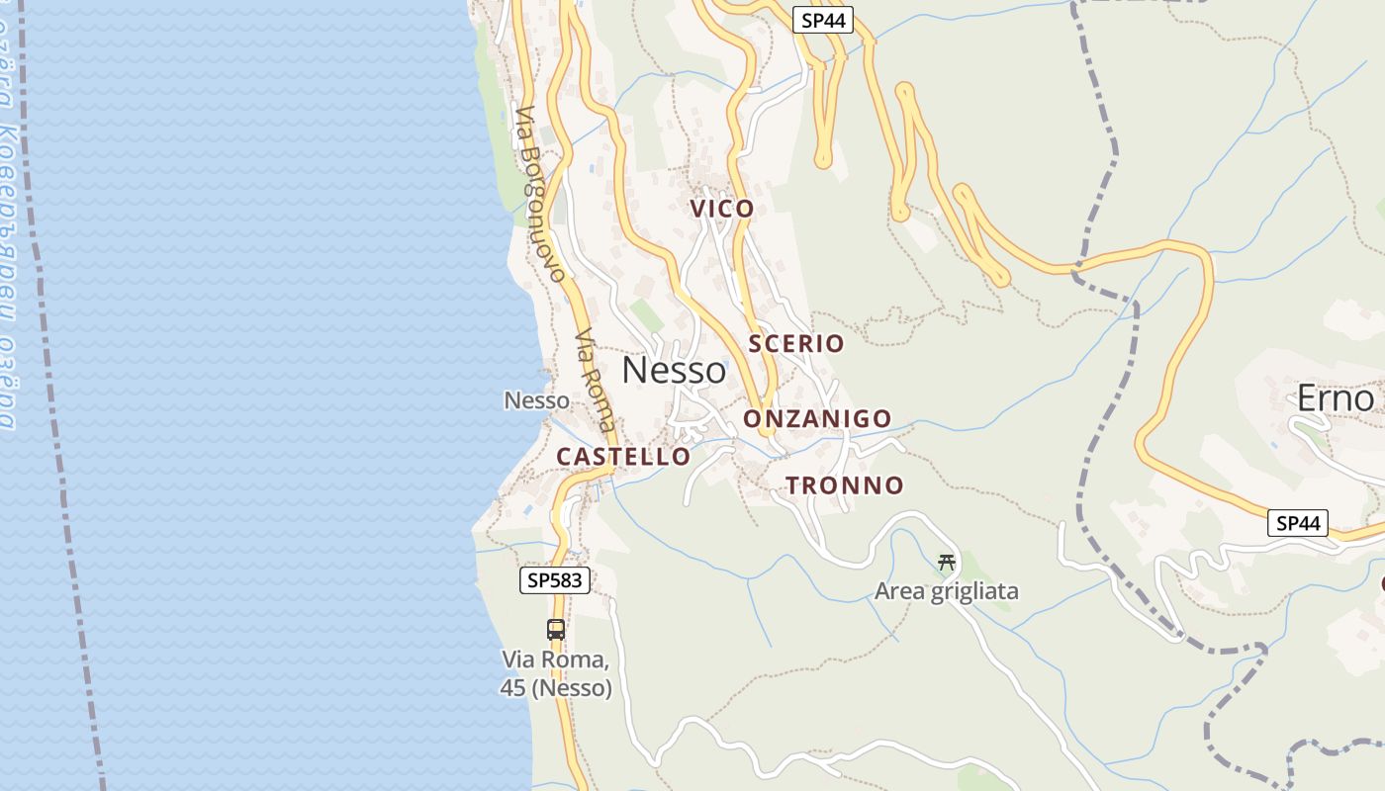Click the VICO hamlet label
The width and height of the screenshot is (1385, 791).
[722, 209]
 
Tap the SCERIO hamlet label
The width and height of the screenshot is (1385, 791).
[796, 344]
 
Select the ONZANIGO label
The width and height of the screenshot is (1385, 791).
[817, 419]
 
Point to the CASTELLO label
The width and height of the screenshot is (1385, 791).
[623, 457]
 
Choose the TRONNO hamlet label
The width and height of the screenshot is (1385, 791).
[844, 485]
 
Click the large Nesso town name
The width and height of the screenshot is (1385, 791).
[674, 371]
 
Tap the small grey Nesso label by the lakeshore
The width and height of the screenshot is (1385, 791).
[536, 400]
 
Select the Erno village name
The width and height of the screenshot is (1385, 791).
[1336, 398]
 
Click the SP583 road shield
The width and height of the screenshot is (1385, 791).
[555, 580]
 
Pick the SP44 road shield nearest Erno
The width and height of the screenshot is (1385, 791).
[1297, 523]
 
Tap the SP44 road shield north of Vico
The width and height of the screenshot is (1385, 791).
[822, 20]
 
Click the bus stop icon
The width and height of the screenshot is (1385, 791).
[556, 630]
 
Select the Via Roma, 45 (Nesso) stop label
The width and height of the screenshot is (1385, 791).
[556, 673]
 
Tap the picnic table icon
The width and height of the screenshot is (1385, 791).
[947, 563]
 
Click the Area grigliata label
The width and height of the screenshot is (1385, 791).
[946, 591]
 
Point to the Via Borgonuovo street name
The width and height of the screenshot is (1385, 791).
[540, 193]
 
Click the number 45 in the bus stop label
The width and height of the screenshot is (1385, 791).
[512, 688]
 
